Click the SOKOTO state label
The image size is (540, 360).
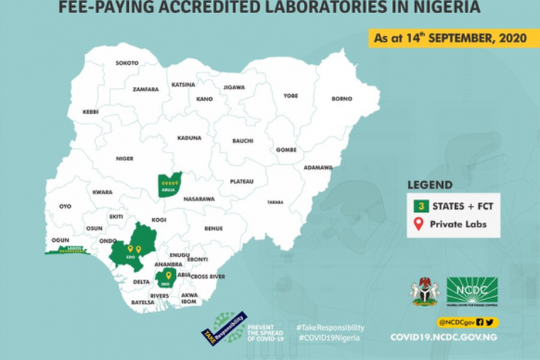127,62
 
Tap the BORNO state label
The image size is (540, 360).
341,99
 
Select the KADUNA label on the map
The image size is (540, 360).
190,137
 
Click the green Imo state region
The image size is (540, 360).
164,278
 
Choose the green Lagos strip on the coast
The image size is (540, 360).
70,251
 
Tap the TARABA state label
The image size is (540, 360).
275,201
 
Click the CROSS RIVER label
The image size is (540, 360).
208,276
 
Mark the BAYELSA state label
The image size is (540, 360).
143,302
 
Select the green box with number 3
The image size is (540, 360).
421,206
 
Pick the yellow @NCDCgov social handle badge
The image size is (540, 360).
467,321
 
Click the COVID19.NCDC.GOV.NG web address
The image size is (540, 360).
444,337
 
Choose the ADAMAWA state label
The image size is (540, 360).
319,167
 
